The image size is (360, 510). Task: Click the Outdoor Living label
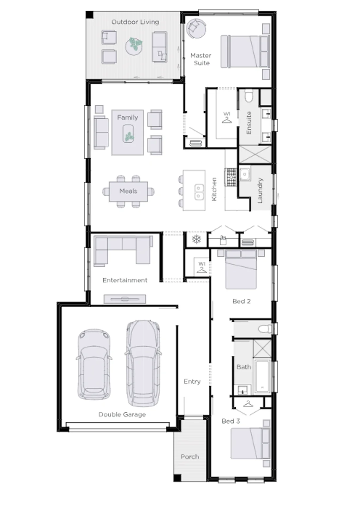tap(135, 22)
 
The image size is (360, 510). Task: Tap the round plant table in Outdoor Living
tap(134, 46)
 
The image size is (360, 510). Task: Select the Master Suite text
tap(201, 59)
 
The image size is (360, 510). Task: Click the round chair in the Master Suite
tap(196, 28)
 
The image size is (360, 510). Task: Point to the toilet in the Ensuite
tap(249, 96)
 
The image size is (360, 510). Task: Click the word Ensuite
tap(249, 123)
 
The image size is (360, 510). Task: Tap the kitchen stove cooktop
tap(231, 177)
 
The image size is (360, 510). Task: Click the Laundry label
tap(260, 190)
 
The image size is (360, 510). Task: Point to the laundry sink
tap(245, 174)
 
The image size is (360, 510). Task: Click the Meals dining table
tap(128, 191)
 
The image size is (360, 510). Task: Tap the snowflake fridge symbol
tap(196, 239)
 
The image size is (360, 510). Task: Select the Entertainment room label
tap(125, 280)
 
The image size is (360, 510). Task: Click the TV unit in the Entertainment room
tap(125, 299)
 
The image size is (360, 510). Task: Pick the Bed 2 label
tap(242, 301)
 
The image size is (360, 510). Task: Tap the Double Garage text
tap(122, 414)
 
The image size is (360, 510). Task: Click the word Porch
tap(190, 457)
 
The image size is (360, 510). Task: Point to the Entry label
tap(192, 381)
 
